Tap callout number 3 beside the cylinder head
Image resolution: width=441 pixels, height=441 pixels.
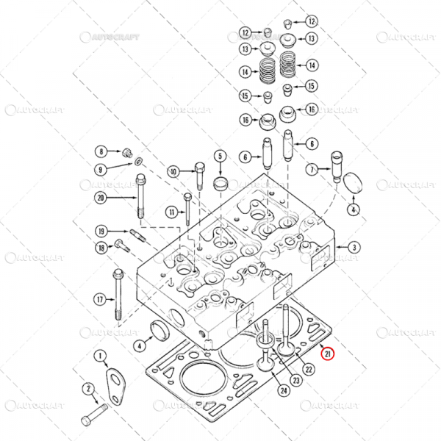[x=354, y=248]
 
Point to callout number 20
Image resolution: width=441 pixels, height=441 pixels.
[x=101, y=197]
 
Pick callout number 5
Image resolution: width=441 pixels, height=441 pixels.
[x=219, y=156]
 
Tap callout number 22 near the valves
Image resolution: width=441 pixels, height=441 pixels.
[x=309, y=368]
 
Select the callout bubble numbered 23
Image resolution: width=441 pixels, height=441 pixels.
[x=295, y=380]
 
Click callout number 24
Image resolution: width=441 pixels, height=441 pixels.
[x=284, y=390]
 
